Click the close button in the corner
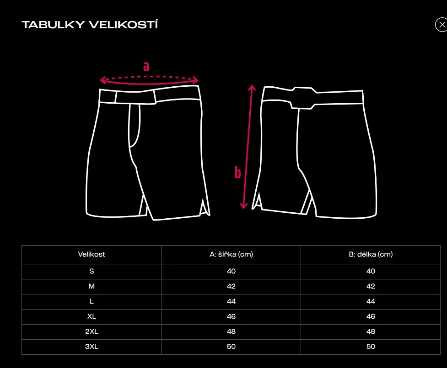[441, 25]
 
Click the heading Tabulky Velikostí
[90, 25]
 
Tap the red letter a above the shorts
[146, 67]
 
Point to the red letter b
[237, 173]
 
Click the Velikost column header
[92, 254]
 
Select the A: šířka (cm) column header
[231, 254]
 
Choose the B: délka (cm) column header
[371, 254]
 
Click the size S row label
[92, 271]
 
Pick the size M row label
[92, 286]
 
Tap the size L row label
[92, 301]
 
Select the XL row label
[92, 316]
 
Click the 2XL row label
[92, 331]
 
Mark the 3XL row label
[92, 347]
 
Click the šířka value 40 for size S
[231, 271]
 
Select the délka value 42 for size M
[371, 286]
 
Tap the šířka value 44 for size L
[231, 301]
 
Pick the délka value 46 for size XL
[371, 316]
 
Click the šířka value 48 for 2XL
[231, 331]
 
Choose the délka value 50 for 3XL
[371, 347]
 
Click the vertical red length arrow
[248, 146]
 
